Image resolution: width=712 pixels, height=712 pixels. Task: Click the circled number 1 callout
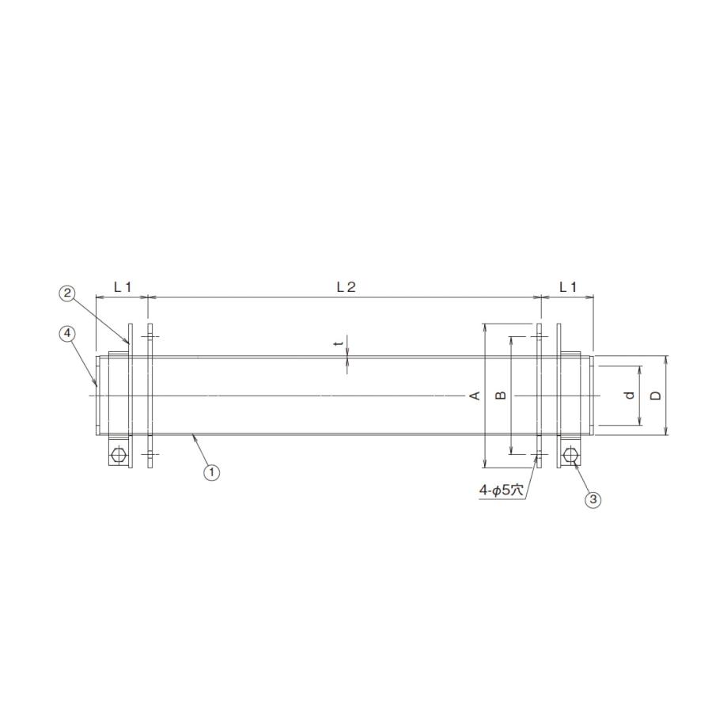coord(211,472)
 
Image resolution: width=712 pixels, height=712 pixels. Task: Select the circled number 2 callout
coord(67,293)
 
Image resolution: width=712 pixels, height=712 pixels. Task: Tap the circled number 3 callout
coord(592,499)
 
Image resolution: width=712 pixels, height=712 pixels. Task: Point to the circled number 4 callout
coord(67,333)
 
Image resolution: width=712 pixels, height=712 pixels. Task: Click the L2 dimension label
coord(346,287)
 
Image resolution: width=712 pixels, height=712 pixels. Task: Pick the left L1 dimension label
coord(122,287)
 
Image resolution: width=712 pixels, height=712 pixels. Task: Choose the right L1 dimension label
coord(567,287)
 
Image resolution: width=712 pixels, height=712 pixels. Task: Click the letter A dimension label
coord(475,396)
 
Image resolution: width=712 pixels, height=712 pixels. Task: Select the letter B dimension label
coord(501,396)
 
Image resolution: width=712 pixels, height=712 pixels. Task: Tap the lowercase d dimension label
coord(630,396)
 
